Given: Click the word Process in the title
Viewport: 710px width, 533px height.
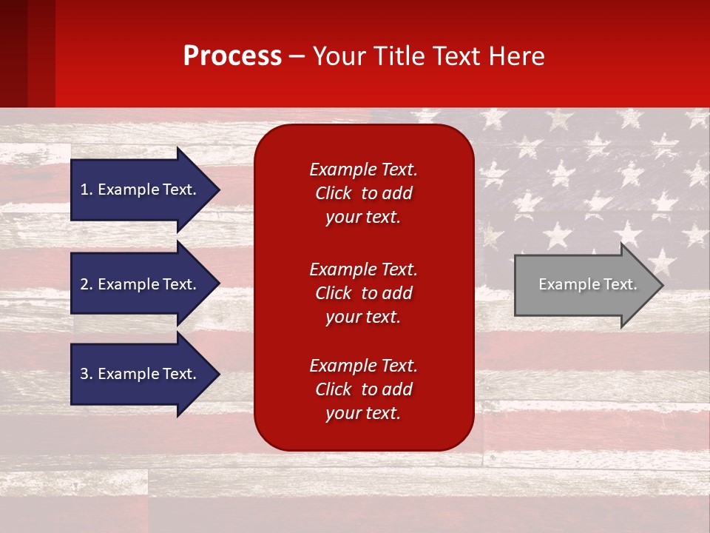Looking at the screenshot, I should click(x=232, y=56).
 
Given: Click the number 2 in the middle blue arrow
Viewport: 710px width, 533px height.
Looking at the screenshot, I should click(x=84, y=284).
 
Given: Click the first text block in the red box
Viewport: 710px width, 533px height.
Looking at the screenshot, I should click(x=363, y=193).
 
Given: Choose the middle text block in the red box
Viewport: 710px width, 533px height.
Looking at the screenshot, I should click(x=363, y=293).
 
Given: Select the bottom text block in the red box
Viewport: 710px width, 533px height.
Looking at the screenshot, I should click(x=363, y=389).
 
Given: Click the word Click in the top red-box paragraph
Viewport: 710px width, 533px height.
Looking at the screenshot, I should click(x=334, y=193).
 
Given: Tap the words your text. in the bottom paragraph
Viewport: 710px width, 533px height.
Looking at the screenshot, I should click(x=363, y=413).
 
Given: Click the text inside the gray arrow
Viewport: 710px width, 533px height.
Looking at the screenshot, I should click(x=588, y=284).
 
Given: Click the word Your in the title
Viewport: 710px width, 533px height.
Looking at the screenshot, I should click(x=337, y=56).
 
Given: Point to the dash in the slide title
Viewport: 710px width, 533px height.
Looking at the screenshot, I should click(x=297, y=56).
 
